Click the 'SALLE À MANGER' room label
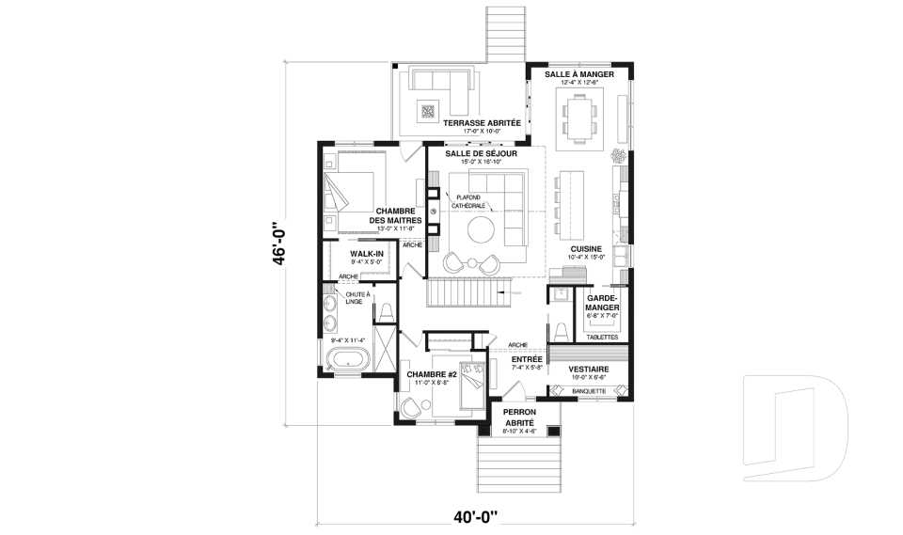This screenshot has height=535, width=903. [x=578, y=73]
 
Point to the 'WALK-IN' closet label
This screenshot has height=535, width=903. [x=366, y=254]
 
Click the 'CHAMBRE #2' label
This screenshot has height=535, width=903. [x=431, y=374]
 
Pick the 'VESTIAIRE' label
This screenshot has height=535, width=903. [x=590, y=369]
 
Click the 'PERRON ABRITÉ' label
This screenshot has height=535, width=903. [x=519, y=417]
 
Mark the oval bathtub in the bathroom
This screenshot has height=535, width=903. [x=346, y=358]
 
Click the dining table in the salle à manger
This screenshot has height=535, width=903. [x=578, y=119]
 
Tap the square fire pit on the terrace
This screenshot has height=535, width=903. [x=428, y=110]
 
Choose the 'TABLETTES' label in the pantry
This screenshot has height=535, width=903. [x=601, y=336]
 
